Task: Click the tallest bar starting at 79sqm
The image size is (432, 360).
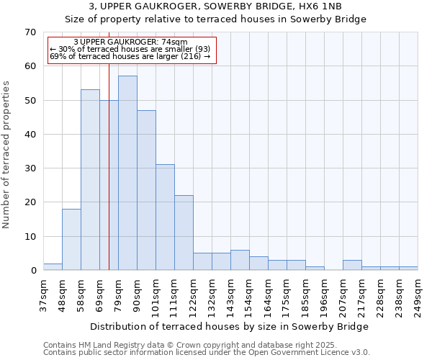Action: pyautogui.click(x=127, y=173)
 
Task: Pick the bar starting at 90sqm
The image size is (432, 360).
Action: pyautogui.click(x=146, y=190)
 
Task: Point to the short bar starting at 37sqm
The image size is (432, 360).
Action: pyautogui.click(x=53, y=267)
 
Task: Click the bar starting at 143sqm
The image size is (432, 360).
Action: pyautogui.click(x=240, y=260)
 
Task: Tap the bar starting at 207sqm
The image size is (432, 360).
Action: pyautogui.click(x=352, y=265)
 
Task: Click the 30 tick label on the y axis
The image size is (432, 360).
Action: pyautogui.click(x=31, y=168)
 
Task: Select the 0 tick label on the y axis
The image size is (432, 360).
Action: pyautogui.click(x=33, y=271)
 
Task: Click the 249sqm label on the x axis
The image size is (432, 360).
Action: pyautogui.click(x=418, y=294)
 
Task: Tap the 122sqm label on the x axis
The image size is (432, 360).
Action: pyautogui.click(x=193, y=294)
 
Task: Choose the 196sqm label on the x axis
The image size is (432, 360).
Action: pyautogui.click(x=324, y=294)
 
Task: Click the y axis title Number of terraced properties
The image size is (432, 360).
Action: pyautogui.click(x=7, y=155)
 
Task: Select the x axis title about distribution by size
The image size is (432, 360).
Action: pyautogui.click(x=230, y=326)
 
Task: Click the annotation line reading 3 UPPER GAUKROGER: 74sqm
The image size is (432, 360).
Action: pyautogui.click(x=130, y=42)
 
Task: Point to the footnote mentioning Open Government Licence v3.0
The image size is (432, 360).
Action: pyautogui.click(x=207, y=353)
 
